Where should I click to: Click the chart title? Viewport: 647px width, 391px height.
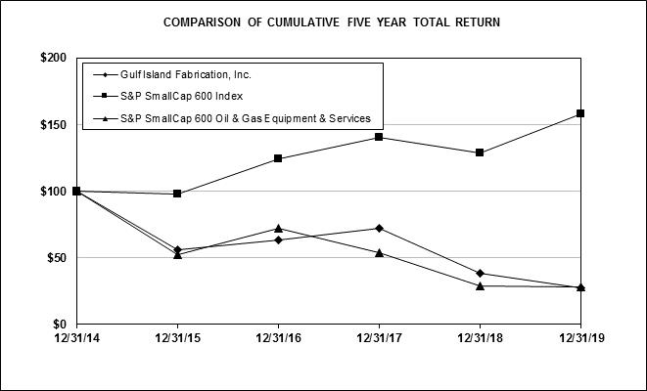[x=332, y=22]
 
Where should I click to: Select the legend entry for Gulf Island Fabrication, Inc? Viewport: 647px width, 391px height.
[x=172, y=74]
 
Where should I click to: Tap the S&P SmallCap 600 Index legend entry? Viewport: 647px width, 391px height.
[x=168, y=96]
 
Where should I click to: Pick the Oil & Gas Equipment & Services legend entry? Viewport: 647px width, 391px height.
[x=232, y=118]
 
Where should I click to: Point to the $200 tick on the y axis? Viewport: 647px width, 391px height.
[x=53, y=58]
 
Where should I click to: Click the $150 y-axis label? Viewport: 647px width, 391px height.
[x=53, y=125]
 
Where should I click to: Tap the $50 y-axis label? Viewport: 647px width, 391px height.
[x=57, y=258]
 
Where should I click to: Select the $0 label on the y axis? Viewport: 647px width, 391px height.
[x=60, y=325]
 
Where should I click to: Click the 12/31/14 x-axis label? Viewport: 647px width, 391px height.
[x=77, y=338]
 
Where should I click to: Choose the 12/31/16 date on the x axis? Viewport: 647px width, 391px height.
[x=279, y=338]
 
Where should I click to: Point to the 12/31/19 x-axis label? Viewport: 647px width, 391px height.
[x=581, y=338]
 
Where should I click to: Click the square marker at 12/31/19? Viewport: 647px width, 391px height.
[x=580, y=113]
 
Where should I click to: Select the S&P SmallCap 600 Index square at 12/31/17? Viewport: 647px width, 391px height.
[x=379, y=137]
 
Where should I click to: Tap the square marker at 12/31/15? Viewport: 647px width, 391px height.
[x=177, y=194]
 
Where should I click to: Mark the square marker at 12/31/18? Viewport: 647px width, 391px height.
[x=480, y=152]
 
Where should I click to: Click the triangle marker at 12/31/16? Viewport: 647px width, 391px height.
[x=278, y=229]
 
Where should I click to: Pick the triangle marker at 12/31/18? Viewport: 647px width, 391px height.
[x=480, y=286]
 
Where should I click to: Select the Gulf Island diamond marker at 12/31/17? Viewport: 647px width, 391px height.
[x=379, y=229]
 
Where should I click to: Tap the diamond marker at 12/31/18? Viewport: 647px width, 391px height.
[x=480, y=273]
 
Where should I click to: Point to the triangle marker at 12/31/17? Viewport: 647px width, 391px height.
[x=379, y=252]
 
